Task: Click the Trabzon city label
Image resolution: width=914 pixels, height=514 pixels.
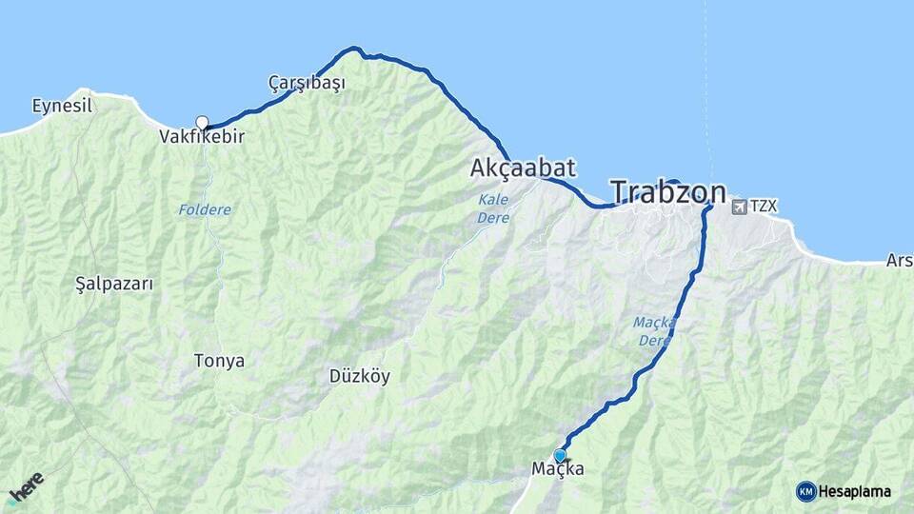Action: click(667, 193)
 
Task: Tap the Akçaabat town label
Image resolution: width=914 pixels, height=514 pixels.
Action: click(523, 168)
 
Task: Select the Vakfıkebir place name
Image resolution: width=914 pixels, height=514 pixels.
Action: click(202, 137)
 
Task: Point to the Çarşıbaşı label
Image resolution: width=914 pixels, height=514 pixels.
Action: click(307, 83)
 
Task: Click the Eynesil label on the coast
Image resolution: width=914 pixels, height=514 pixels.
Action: click(62, 106)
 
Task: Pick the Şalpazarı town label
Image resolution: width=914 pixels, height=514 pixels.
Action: click(113, 284)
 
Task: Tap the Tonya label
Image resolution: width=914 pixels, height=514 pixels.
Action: click(219, 362)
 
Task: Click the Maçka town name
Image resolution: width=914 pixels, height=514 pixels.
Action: click(558, 469)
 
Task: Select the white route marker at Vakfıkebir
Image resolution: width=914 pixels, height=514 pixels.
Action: click(202, 122)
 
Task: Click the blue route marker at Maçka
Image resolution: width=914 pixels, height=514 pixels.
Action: click(560, 456)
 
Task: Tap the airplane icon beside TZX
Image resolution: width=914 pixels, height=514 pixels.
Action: click(739, 206)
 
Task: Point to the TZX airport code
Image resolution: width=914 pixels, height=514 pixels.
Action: click(764, 206)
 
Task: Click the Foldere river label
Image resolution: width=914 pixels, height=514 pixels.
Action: click(205, 209)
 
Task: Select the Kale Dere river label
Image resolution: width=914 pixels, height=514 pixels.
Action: click(494, 208)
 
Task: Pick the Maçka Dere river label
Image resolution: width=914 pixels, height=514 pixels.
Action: click(655, 331)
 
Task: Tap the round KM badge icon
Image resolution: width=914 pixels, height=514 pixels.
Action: click(805, 491)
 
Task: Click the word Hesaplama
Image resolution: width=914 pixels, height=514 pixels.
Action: click(854, 491)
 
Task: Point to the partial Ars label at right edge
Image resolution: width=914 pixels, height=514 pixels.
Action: click(899, 260)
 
